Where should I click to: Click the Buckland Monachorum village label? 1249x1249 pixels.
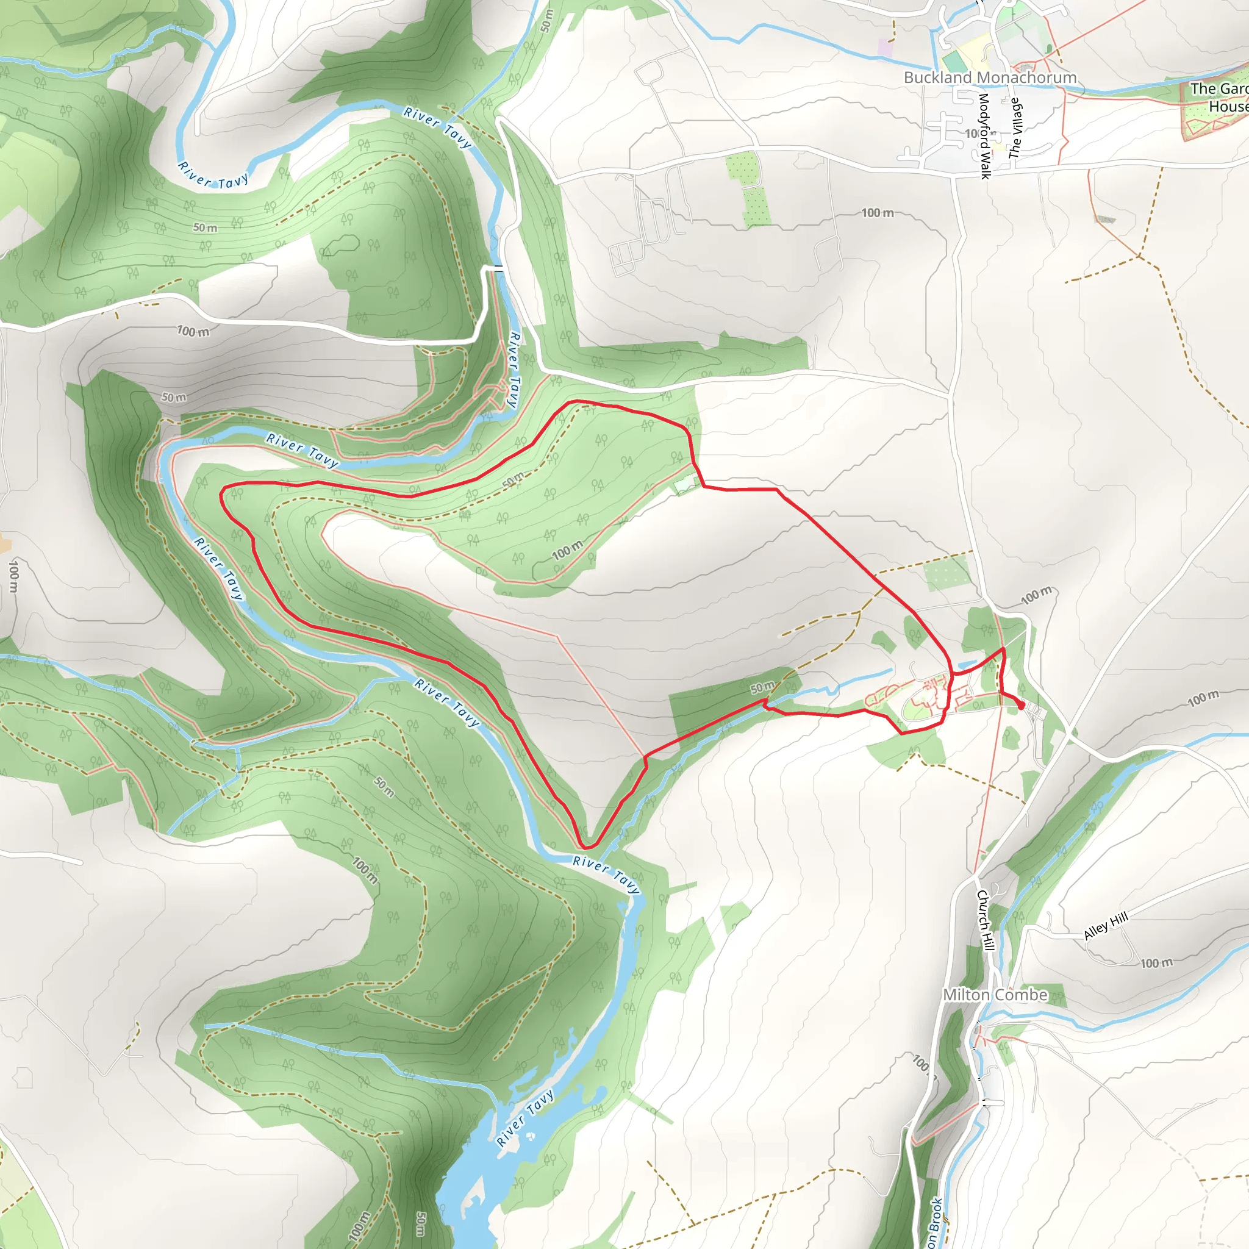(x=990, y=77)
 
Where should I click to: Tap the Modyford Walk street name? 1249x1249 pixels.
(x=984, y=136)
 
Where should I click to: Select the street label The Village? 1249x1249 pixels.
(x=1015, y=128)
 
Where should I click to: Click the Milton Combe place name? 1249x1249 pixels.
(x=995, y=995)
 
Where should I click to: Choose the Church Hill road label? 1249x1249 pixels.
(x=984, y=920)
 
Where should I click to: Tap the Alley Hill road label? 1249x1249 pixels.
(x=1106, y=926)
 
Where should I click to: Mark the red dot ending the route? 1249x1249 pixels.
(x=1022, y=706)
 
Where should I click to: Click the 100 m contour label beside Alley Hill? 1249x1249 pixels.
(x=1156, y=963)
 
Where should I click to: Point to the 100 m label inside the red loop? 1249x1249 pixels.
(x=567, y=550)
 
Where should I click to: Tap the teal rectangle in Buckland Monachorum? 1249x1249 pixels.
(x=952, y=62)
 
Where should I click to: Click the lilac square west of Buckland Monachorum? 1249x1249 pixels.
(x=885, y=47)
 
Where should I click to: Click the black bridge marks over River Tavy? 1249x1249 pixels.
(x=498, y=268)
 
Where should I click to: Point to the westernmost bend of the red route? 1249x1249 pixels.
(x=222, y=495)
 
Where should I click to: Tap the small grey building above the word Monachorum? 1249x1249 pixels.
(x=1026, y=66)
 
